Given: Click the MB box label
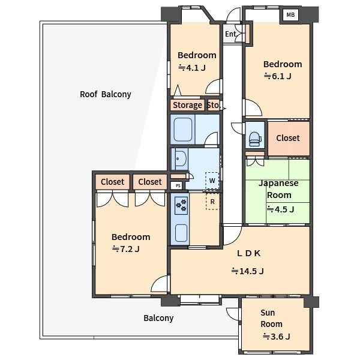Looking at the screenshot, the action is tap(290, 14).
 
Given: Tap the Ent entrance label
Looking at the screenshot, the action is tap(230, 34).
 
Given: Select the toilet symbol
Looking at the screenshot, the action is tap(255, 139).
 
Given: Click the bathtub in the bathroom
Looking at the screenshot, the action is tap(183, 130).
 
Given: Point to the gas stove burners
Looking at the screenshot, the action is tap(181, 205).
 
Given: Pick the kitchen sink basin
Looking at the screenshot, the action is tap(181, 233).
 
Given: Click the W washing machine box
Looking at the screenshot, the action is tap(212, 181).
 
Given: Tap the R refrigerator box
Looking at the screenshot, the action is tap(212, 202).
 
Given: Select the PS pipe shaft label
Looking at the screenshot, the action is tap(178, 186).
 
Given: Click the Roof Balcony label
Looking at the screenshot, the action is tap(106, 94).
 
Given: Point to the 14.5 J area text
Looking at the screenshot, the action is tap(247, 271).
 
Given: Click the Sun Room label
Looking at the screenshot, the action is tap(271, 318).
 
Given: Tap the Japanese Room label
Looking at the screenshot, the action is tap(279, 189).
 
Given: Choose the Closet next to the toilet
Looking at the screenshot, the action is tap(288, 138).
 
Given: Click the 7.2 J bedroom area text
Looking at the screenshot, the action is tap(126, 249).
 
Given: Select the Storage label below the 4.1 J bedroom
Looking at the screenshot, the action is tap(187, 105).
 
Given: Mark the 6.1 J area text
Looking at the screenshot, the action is tap(278, 76).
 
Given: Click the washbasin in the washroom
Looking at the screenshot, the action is tap(180, 159).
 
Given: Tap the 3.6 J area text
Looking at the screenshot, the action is tap(277, 337).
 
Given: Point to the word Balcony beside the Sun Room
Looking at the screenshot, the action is tap(158, 318).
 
